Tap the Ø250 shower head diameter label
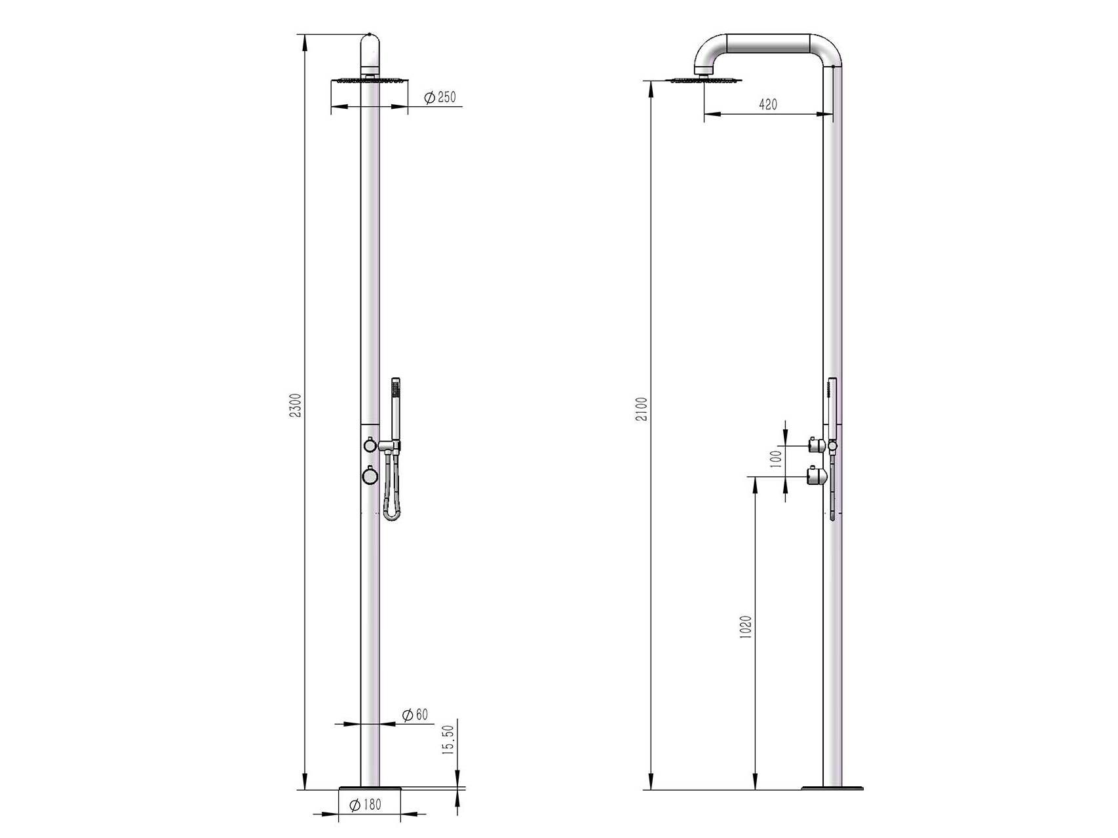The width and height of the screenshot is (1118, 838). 439,98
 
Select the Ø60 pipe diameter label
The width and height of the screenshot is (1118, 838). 415,714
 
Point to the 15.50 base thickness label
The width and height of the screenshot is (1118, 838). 448,739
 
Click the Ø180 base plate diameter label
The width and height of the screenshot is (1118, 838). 365,805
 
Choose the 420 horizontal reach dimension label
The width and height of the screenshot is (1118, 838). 767,104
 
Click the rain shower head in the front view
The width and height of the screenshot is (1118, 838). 370,81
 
